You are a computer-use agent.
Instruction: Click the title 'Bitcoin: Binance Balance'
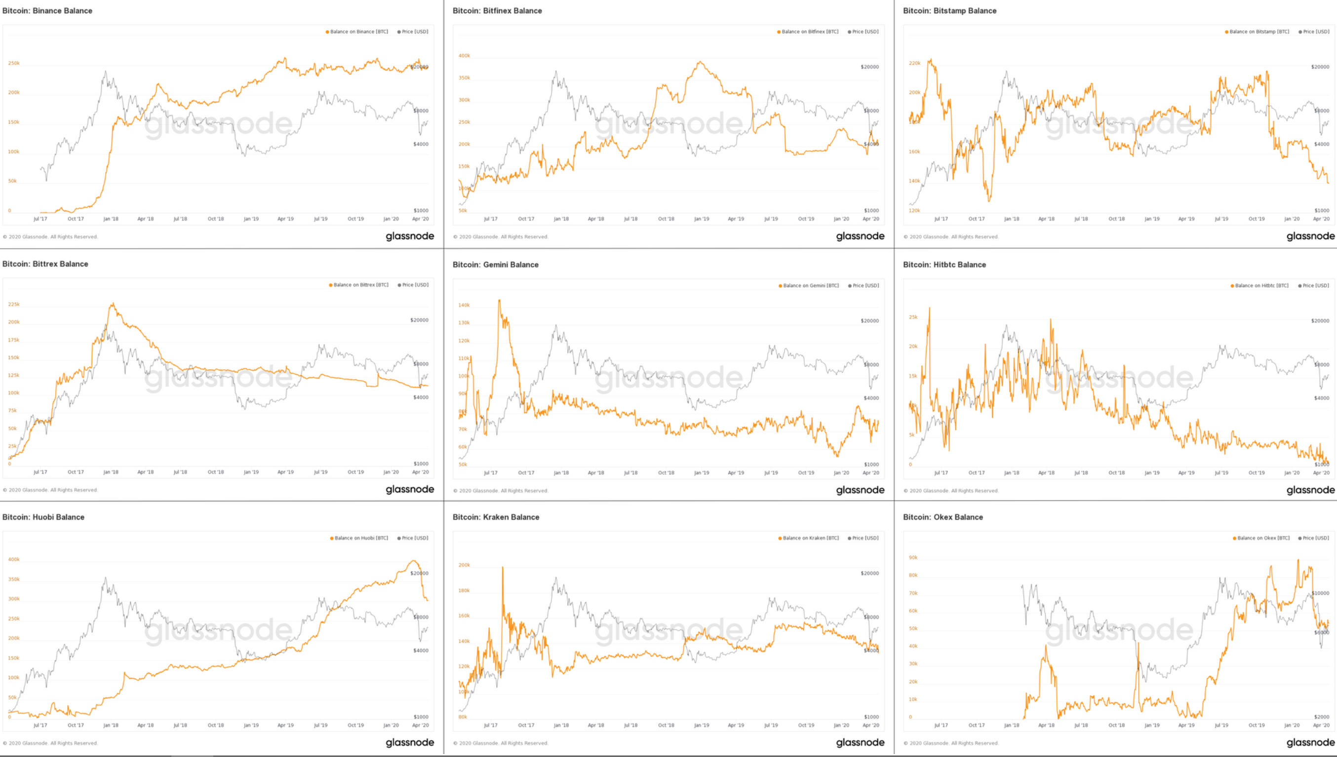pyautogui.click(x=47, y=10)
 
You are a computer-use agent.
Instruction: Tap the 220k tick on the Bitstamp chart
pyautogui.click(x=914, y=63)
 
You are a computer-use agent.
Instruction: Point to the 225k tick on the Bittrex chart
pyautogui.click(x=14, y=305)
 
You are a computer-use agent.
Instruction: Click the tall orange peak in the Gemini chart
pyautogui.click(x=499, y=301)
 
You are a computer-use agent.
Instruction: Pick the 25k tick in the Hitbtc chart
pyautogui.click(x=913, y=317)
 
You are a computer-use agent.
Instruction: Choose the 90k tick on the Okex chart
pyautogui.click(x=913, y=557)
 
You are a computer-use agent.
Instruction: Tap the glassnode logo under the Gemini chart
pyautogui.click(x=860, y=490)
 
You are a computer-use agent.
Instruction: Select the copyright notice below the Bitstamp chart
pyautogui.click(x=950, y=236)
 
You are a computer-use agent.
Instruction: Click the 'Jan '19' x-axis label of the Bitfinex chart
pyautogui.click(x=701, y=219)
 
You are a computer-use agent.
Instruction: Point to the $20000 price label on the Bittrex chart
pyautogui.click(x=419, y=320)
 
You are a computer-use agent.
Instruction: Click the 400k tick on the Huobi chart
pyautogui.click(x=14, y=559)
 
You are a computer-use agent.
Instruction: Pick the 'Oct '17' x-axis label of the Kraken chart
pyautogui.click(x=526, y=726)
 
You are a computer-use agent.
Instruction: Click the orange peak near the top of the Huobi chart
pyautogui.click(x=414, y=561)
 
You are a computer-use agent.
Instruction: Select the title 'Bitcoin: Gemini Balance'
pyautogui.click(x=495, y=265)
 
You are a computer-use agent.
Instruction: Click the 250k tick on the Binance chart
pyautogui.click(x=14, y=63)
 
